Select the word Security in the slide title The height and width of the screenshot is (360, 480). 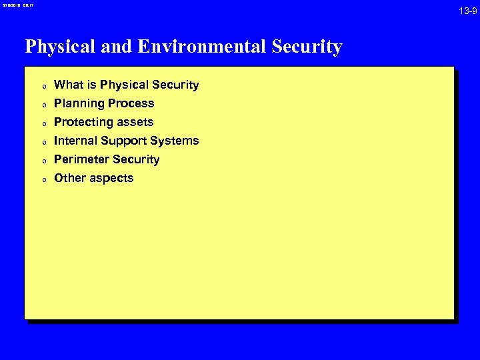307,47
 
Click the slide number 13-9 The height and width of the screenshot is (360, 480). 466,11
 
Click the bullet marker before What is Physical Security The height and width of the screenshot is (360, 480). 43,86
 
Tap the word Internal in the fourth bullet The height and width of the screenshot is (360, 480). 75,141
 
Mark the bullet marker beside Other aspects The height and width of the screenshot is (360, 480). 43,179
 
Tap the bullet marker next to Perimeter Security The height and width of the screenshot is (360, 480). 43,161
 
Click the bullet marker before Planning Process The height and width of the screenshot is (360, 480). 43,105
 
